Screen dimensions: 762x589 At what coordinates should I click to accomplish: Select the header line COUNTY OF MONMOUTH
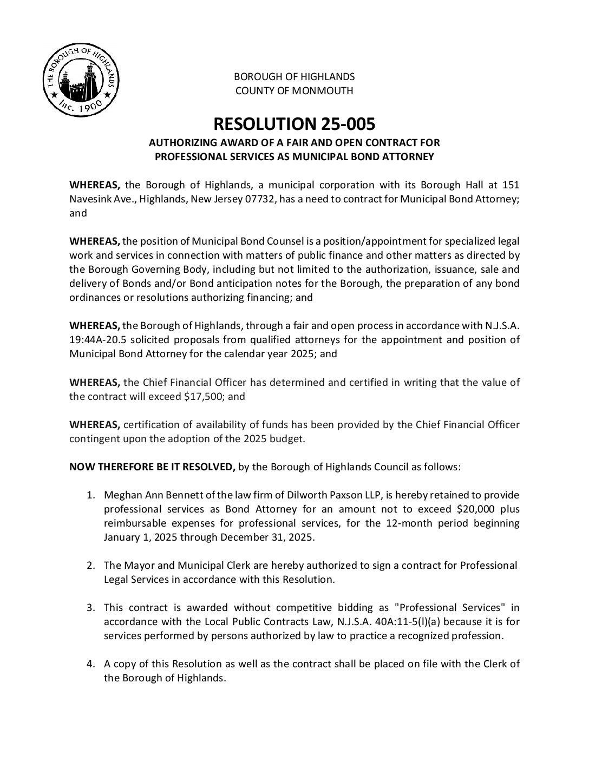[x=294, y=91]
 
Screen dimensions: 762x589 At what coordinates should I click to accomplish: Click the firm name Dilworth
[x=297, y=495]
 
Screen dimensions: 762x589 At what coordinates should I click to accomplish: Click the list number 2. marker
[x=91, y=566]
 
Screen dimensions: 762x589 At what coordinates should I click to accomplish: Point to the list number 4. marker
[x=91, y=664]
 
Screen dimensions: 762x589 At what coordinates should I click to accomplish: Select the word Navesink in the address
[x=88, y=199]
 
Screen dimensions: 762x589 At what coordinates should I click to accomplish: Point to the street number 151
[x=511, y=185]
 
